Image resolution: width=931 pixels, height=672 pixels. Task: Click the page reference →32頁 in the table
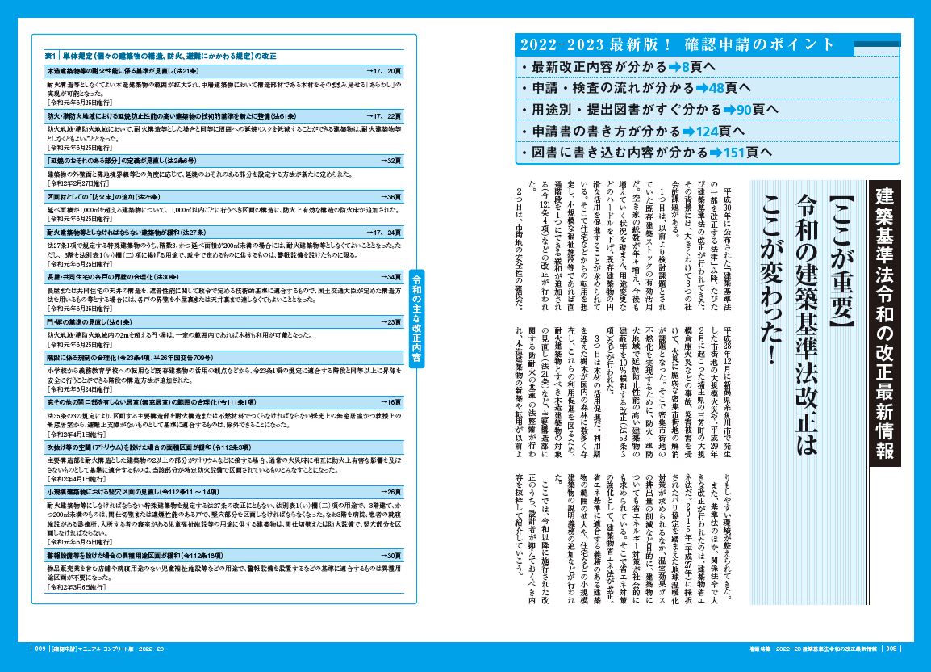click(390, 161)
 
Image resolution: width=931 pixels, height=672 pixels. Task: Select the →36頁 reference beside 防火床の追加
click(390, 196)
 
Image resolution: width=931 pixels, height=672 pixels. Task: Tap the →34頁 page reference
click(390, 276)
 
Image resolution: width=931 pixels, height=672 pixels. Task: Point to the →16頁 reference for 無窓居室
click(390, 401)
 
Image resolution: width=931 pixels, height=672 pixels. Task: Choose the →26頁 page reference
click(390, 490)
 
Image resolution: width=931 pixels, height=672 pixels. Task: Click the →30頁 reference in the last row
click(390, 556)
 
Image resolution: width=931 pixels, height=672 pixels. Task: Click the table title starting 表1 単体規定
click(161, 56)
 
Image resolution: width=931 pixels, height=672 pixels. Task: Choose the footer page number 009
click(40, 649)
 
